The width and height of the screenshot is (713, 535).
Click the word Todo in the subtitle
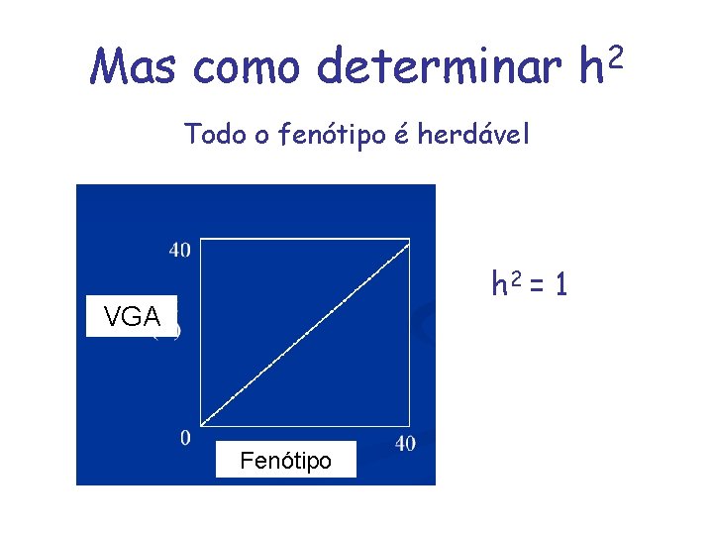[x=214, y=134]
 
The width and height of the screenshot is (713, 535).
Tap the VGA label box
[x=132, y=317]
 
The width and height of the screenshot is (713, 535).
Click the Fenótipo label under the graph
[x=286, y=460]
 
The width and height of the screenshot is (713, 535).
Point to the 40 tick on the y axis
[x=179, y=250]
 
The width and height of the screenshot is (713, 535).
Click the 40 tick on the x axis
[x=405, y=444]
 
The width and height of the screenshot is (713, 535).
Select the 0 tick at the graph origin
[x=185, y=438]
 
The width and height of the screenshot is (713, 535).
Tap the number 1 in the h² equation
[x=560, y=286]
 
